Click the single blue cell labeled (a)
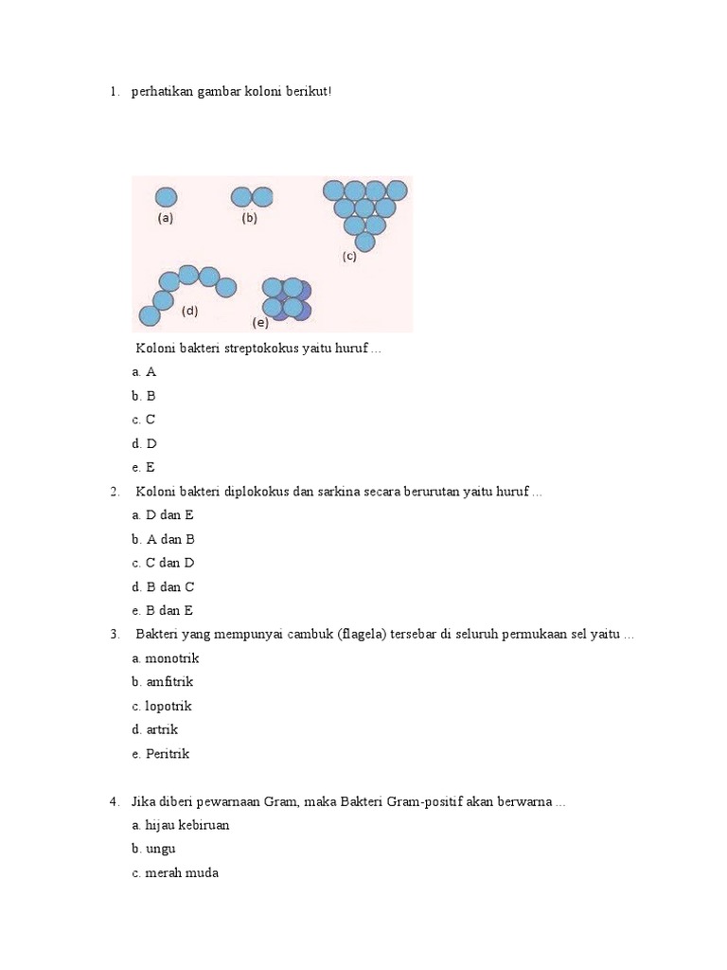point(166,197)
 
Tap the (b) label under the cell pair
point(250,218)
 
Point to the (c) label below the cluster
point(350,257)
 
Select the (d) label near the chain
point(190,311)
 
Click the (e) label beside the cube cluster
point(260,322)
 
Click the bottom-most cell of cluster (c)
point(364,242)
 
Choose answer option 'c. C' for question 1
point(144,420)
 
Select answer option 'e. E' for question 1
point(144,467)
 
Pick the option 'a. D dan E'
point(163,515)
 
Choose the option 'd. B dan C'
point(163,587)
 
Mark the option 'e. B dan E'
point(163,611)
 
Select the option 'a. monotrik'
point(166,658)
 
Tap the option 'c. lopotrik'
point(163,706)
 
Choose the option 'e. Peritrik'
point(161,754)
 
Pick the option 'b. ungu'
point(154,850)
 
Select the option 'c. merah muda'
point(175,873)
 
